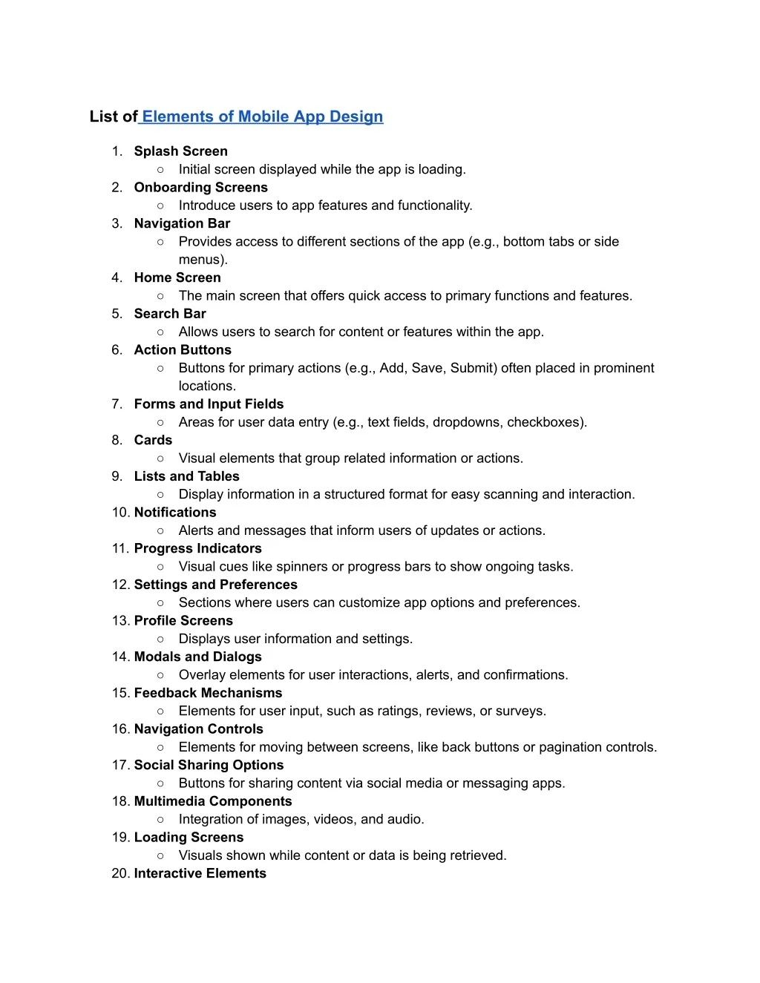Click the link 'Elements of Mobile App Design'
click(x=262, y=116)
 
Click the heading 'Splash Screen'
click(x=180, y=151)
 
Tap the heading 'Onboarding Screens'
click(x=200, y=188)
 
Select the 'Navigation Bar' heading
click(x=182, y=223)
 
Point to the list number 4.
click(x=117, y=277)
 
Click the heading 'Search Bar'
click(x=170, y=314)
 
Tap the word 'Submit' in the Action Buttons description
click(x=473, y=368)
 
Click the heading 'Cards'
click(x=153, y=440)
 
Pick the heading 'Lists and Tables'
click(x=186, y=476)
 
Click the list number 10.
click(x=120, y=513)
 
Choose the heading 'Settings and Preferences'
click(x=215, y=585)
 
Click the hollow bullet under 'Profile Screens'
click(x=160, y=639)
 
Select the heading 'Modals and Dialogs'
click(x=197, y=657)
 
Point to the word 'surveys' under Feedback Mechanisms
click(x=519, y=711)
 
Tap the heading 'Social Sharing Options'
click(x=209, y=765)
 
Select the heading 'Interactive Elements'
click(x=200, y=873)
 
